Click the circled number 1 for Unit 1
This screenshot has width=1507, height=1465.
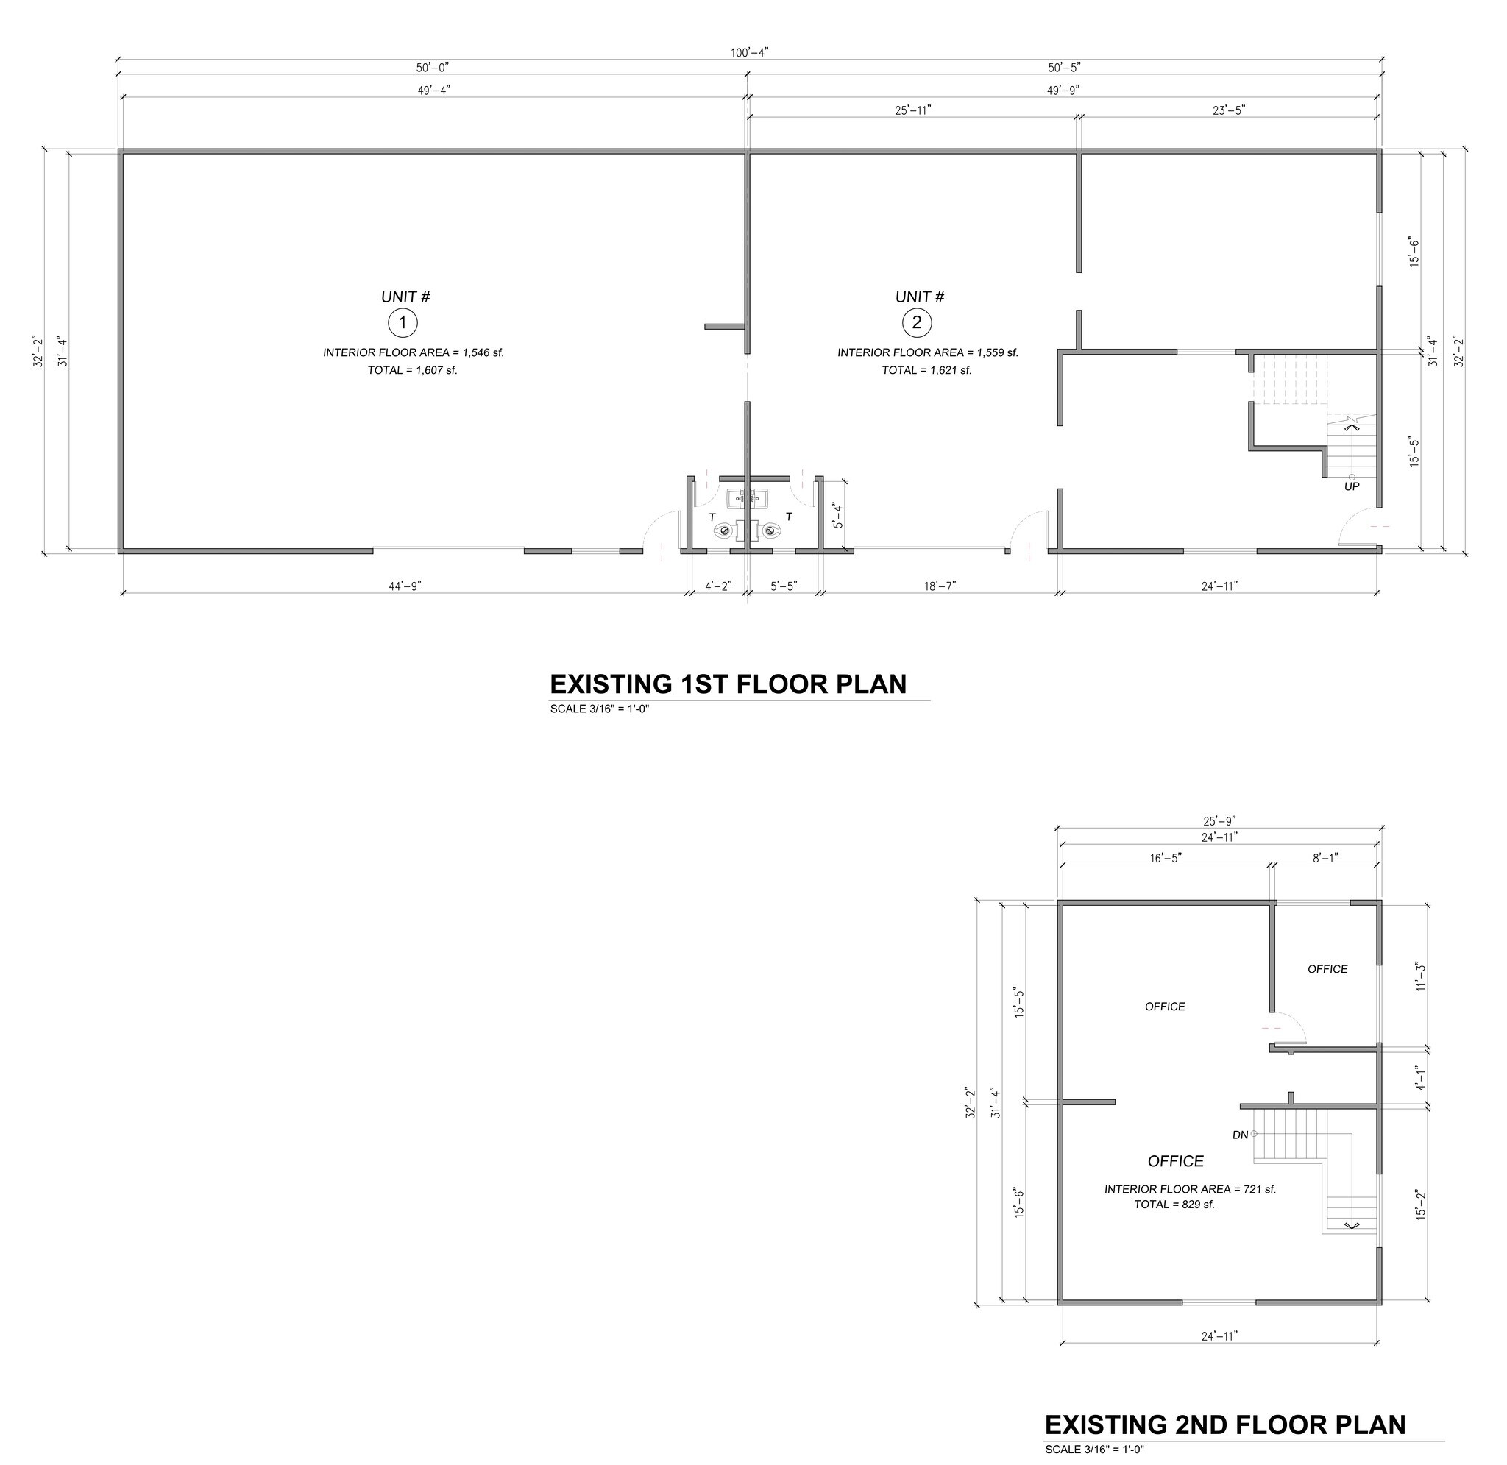(x=403, y=323)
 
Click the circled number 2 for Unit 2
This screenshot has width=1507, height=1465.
(x=916, y=323)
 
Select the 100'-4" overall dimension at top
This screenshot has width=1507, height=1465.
(x=749, y=52)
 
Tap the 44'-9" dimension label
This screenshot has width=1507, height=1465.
(x=405, y=586)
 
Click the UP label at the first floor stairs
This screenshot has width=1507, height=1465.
(x=1352, y=486)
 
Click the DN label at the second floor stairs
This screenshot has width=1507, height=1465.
(x=1240, y=1135)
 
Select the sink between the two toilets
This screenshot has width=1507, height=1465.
(x=748, y=499)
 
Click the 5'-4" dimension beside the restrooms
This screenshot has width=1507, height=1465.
(x=837, y=515)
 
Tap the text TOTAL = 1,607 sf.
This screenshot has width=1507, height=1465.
(x=412, y=370)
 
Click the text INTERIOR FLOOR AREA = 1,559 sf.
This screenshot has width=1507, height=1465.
(x=928, y=352)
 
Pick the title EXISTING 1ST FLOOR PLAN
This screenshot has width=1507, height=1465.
(x=728, y=684)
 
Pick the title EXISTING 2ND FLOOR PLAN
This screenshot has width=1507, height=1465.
(x=1224, y=1425)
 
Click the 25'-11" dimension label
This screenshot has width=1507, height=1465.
(x=913, y=110)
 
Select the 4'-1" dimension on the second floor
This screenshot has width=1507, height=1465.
(x=1421, y=1078)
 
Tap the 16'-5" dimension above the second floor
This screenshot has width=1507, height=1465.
(x=1166, y=858)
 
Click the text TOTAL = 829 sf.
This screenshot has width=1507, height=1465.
(x=1174, y=1205)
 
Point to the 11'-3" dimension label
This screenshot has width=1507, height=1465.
(x=1421, y=976)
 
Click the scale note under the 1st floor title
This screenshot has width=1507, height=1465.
(x=600, y=709)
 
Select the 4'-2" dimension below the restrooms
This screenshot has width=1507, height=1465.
(x=718, y=586)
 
